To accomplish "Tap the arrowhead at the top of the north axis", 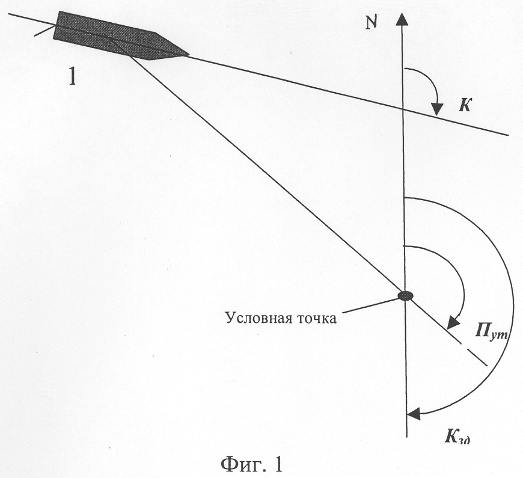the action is tap(402, 19).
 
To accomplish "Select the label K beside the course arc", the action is tap(464, 105).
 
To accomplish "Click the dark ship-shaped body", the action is tap(121, 36).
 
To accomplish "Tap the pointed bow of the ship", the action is tap(188, 54).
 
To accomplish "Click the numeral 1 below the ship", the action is tap(72, 78).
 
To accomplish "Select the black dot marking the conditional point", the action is tap(406, 295).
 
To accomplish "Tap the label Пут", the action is tap(491, 332).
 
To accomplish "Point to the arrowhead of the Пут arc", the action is tap(453, 321).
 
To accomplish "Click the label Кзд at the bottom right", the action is tap(457, 437).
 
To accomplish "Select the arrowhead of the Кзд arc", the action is tap(414, 414).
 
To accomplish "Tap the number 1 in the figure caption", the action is tap(278, 464).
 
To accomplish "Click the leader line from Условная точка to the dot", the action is tap(371, 305).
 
